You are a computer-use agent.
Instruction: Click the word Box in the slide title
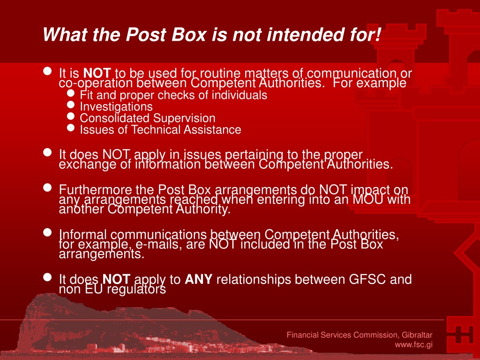pos(188,34)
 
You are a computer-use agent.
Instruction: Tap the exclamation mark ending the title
pos(378,34)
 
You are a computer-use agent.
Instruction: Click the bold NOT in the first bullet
pos(97,73)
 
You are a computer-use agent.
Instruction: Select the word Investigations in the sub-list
pos(116,106)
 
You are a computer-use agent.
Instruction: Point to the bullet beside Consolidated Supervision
pos(71,116)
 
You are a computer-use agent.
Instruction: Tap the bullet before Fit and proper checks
pos(71,93)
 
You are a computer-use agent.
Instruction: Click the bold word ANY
pos(198,279)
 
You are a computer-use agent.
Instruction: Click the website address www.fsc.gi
pos(413,345)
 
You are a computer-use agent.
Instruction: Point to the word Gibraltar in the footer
pos(417,335)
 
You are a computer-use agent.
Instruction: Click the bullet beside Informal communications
pos(47,232)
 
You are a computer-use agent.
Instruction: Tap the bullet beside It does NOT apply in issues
pos(47,152)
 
